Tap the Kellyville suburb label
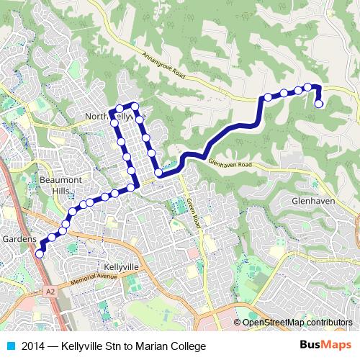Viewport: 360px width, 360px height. [120, 266]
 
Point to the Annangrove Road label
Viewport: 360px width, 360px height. [169, 67]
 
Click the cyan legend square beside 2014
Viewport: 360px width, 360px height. [9, 346]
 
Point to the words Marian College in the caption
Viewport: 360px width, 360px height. [163, 346]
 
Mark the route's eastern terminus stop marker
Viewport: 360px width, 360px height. [319, 104]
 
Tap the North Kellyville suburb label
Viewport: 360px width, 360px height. [115, 115]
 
